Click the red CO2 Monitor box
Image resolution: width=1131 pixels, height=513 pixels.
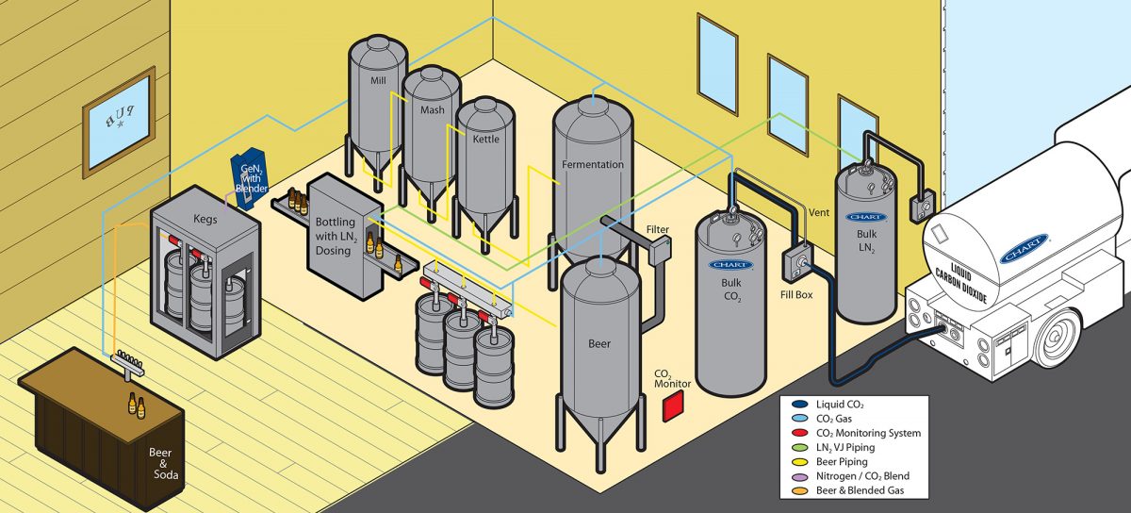(x=672, y=407)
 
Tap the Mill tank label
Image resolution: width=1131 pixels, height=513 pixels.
(x=379, y=81)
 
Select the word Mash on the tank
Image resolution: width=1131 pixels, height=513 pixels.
(x=432, y=110)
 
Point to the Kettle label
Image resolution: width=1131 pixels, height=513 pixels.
(x=486, y=139)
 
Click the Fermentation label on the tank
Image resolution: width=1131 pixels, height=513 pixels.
(x=592, y=164)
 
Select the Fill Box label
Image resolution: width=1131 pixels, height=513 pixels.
(x=797, y=294)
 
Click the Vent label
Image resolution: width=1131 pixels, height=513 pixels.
(x=820, y=213)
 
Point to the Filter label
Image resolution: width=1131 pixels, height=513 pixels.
(x=658, y=229)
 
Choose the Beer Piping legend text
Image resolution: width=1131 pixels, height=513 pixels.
(x=837, y=462)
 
